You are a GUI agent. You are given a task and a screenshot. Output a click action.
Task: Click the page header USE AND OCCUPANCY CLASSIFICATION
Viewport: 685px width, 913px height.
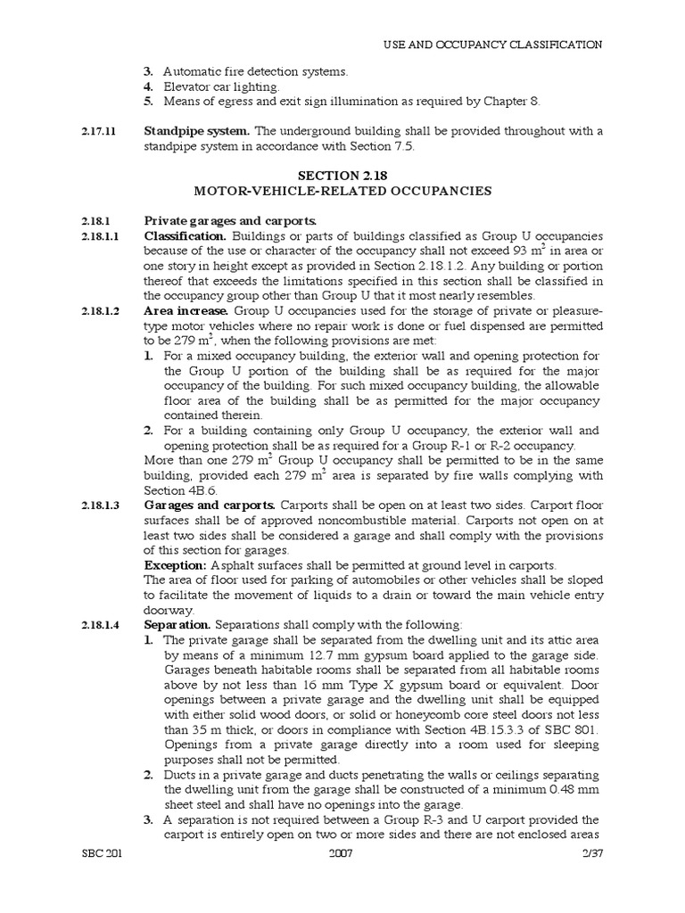point(492,45)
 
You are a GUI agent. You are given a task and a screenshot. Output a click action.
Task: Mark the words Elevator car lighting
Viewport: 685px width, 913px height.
point(221,86)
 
